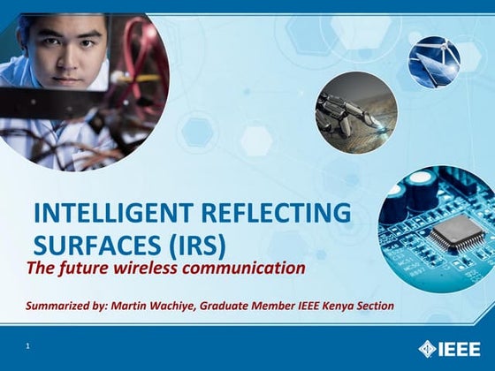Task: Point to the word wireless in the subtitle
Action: point(163,267)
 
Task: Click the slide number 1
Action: point(28,346)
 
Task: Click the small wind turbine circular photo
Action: point(434,62)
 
